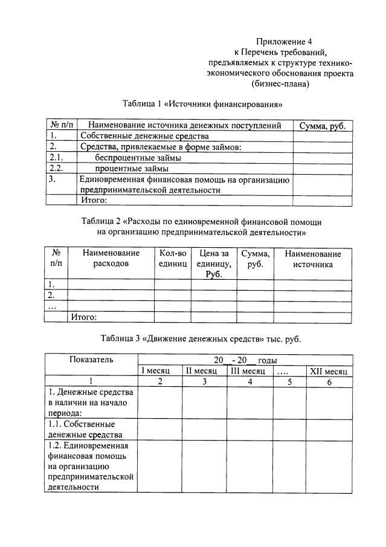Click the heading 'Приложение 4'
(x=281, y=41)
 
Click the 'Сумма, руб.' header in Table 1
(x=323, y=126)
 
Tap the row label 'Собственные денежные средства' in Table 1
(x=135, y=136)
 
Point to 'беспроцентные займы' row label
(x=138, y=158)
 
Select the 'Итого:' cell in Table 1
(x=94, y=201)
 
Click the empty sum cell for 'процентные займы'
(x=323, y=169)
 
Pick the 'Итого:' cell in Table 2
(x=84, y=316)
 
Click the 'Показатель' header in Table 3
(x=91, y=359)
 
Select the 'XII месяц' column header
(x=328, y=371)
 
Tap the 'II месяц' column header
(x=204, y=371)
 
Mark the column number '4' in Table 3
(x=249, y=381)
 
